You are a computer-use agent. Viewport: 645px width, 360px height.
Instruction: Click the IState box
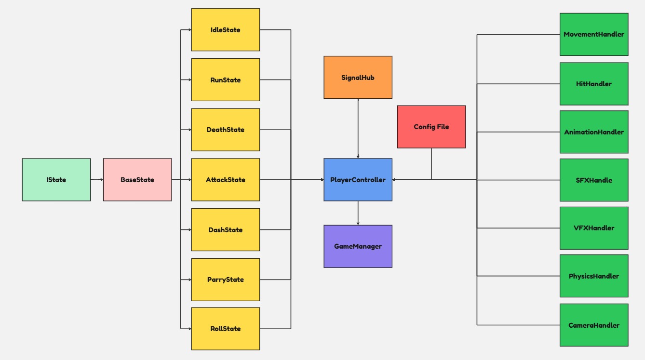[x=56, y=180]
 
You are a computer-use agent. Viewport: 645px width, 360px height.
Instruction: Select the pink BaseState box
[x=137, y=180]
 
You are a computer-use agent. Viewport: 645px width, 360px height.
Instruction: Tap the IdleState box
[x=225, y=30]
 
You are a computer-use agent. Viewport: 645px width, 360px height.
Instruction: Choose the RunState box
[x=225, y=80]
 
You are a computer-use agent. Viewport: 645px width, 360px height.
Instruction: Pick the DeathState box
[x=225, y=130]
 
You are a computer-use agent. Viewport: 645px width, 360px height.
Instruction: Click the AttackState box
[x=225, y=180]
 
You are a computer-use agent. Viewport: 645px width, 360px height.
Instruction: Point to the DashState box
[x=225, y=230]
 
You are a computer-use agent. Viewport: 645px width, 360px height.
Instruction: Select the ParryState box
[x=225, y=280]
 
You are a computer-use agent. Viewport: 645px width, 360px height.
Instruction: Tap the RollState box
[x=225, y=329]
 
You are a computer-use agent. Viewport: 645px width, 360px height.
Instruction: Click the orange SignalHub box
[x=358, y=77]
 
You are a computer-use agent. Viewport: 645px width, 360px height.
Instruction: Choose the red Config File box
[x=431, y=127]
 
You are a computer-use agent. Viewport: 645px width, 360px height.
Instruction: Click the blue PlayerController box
[x=358, y=180]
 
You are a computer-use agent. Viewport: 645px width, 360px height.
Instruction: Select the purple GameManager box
[x=358, y=246]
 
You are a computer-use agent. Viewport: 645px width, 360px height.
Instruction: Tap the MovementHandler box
[x=593, y=34]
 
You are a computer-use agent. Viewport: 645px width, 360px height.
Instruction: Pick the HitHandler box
[x=593, y=84]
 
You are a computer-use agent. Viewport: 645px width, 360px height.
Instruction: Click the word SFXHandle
[x=593, y=180]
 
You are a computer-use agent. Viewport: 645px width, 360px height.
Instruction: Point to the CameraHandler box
[x=593, y=325]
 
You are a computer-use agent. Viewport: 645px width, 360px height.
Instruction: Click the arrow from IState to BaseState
[x=97, y=180]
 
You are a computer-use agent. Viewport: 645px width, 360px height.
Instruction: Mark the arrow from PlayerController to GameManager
[x=358, y=213]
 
